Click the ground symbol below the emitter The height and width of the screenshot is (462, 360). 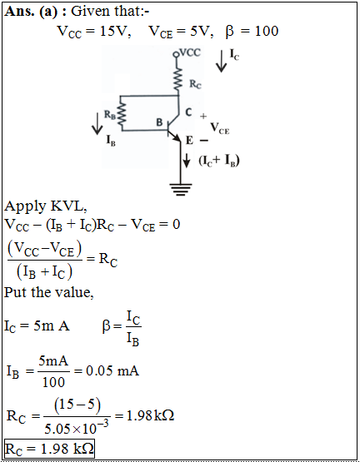(180, 190)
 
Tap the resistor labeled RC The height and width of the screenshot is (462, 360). (177, 80)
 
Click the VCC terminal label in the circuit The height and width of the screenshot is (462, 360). (190, 52)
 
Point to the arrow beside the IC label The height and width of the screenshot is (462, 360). (221, 62)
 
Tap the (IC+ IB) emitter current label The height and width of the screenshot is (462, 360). (219, 161)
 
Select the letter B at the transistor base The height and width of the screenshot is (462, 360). (159, 122)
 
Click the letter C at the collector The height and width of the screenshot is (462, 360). (188, 112)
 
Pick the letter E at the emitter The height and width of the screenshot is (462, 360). (189, 141)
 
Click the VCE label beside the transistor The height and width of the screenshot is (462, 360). (219, 128)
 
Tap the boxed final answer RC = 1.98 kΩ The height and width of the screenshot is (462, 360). (49, 449)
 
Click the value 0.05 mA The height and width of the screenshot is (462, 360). (112, 370)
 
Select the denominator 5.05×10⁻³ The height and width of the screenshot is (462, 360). (77, 427)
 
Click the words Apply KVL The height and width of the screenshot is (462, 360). (46, 206)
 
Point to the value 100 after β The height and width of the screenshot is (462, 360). (267, 32)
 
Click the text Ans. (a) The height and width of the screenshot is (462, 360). (31, 12)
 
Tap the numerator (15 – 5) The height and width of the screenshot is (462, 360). (77, 405)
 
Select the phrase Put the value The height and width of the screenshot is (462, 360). (49, 293)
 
